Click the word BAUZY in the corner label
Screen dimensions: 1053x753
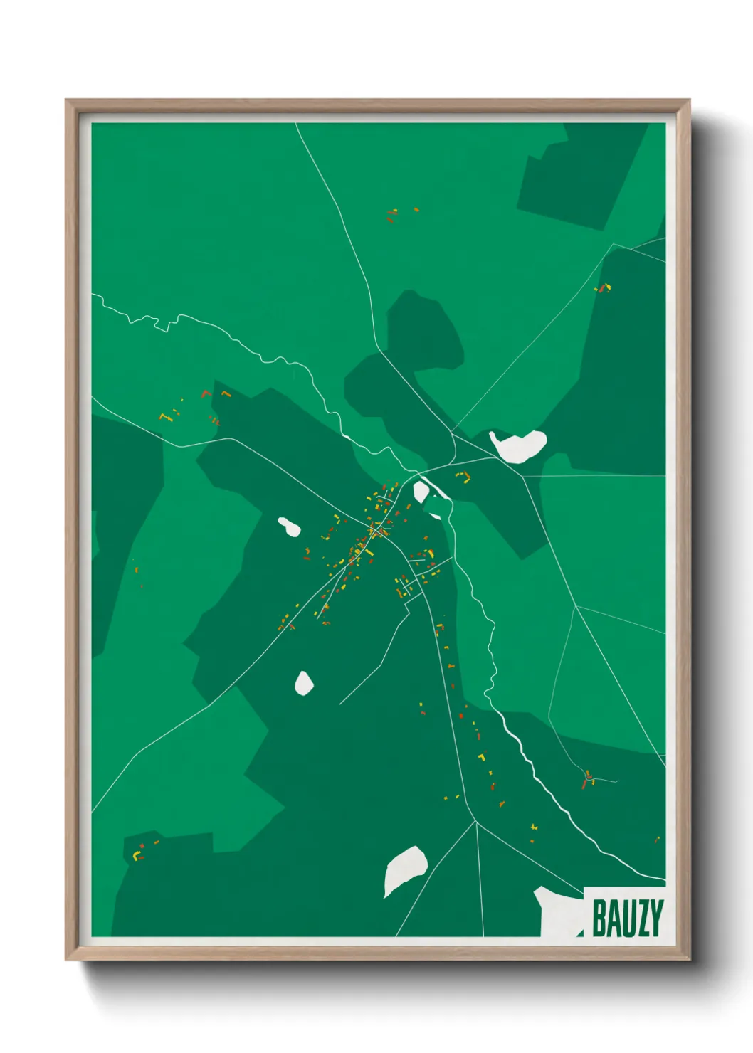627,919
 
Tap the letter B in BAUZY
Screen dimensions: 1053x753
599,919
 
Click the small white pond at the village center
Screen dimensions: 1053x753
421,491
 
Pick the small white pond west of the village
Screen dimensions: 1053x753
289,526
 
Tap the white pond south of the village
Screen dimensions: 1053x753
304,683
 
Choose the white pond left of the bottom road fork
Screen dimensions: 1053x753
405,869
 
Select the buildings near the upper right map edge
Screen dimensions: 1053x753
604,288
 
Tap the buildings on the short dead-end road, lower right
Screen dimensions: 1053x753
588,780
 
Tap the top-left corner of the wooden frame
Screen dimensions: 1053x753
67,101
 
